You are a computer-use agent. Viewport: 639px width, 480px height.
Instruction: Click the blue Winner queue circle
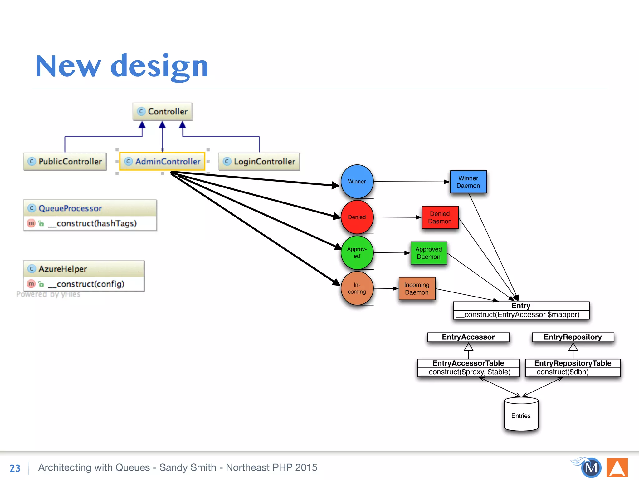pos(357,182)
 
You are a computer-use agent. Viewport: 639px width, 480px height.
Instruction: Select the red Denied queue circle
pos(357,217)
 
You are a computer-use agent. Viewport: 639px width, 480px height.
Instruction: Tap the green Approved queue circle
pos(357,253)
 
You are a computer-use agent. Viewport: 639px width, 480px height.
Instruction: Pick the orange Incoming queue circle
pos(357,288)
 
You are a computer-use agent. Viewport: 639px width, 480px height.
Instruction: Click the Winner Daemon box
pos(468,182)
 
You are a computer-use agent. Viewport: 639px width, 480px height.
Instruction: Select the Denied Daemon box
pos(440,217)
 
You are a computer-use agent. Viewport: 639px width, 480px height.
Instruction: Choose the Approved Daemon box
pos(429,253)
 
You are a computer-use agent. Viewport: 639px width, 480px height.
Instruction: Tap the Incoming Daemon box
pos(417,289)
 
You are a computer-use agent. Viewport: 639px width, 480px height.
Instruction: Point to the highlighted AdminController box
pos(162,161)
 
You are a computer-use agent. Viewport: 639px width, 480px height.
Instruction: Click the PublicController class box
pos(65,161)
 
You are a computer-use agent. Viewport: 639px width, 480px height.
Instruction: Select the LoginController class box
pos(259,161)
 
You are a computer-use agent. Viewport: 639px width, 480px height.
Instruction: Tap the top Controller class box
pos(163,112)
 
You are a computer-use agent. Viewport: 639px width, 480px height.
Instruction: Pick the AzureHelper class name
pos(63,269)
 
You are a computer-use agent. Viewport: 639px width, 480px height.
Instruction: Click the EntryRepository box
pos(573,337)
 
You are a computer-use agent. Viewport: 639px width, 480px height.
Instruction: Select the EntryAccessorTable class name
pos(468,363)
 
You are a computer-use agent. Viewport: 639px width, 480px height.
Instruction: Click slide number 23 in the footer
pos(15,468)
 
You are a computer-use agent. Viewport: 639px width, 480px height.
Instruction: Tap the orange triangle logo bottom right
pos(617,468)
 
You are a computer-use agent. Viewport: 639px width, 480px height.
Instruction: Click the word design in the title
pos(159,66)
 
